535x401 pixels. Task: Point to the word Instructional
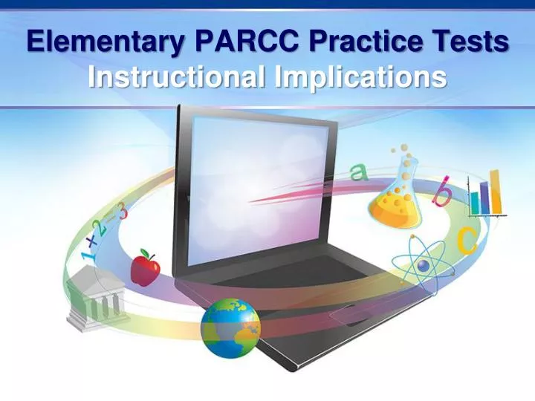tap(178, 76)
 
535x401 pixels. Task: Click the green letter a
tap(359, 173)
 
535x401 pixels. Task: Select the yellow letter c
tap(466, 241)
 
